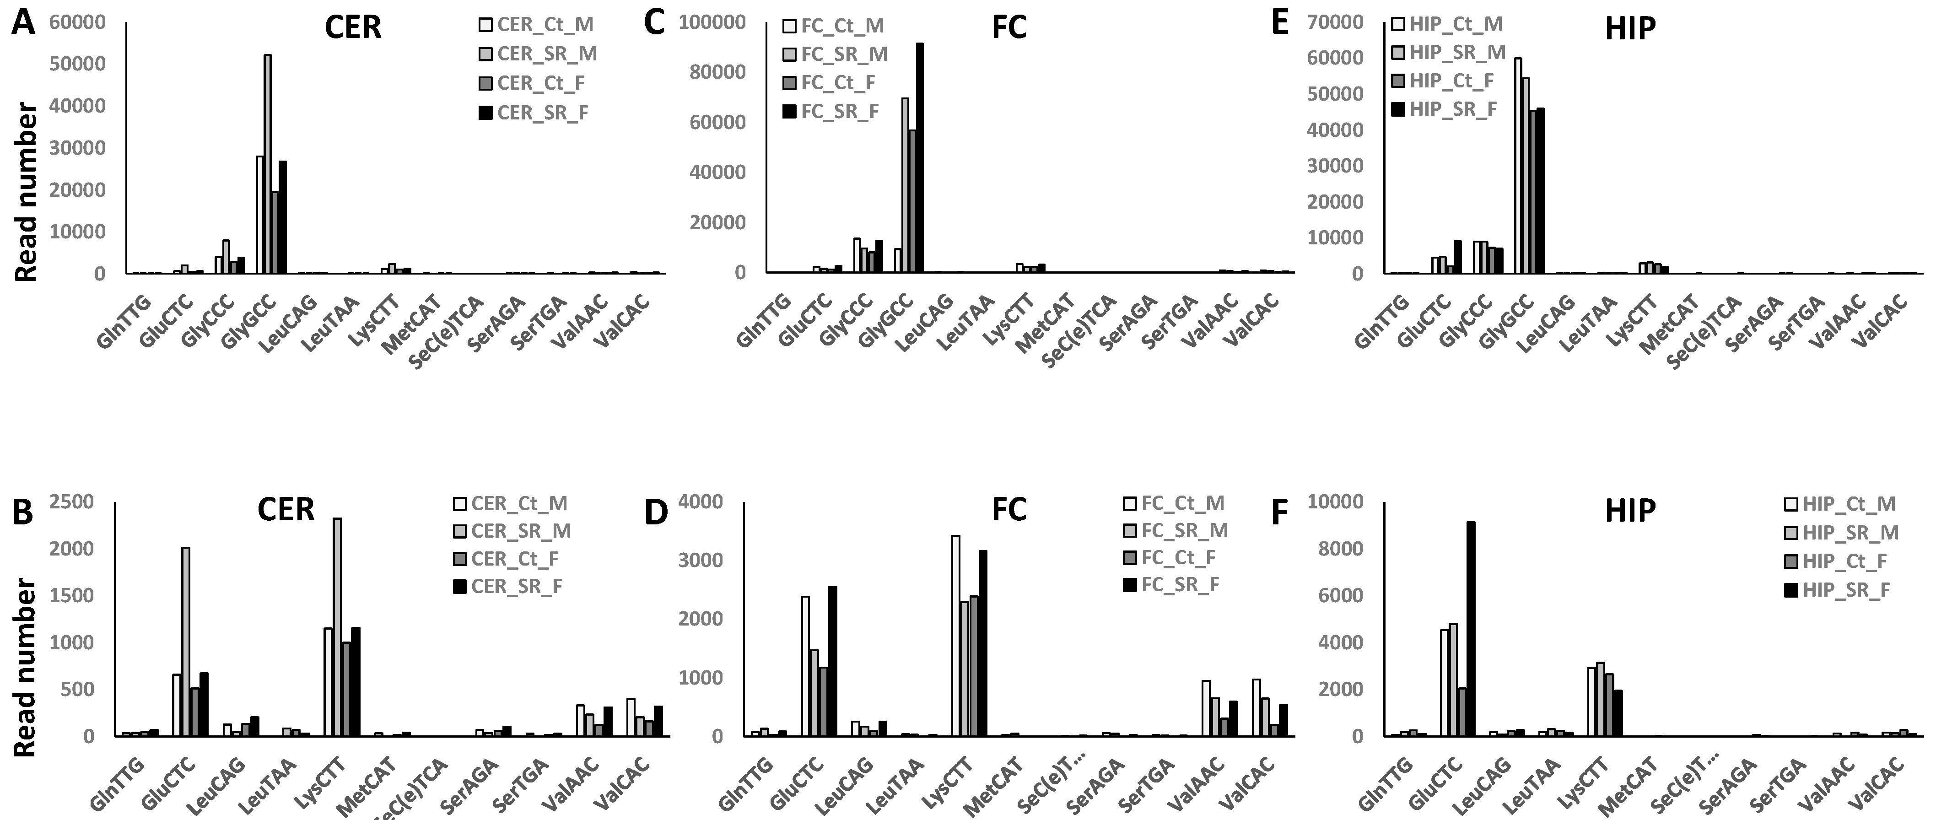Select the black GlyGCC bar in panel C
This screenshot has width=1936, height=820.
[919, 158]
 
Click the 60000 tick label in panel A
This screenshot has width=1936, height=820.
[77, 22]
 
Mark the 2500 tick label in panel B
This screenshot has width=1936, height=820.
[71, 502]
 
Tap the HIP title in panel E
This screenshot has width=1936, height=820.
[1630, 28]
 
